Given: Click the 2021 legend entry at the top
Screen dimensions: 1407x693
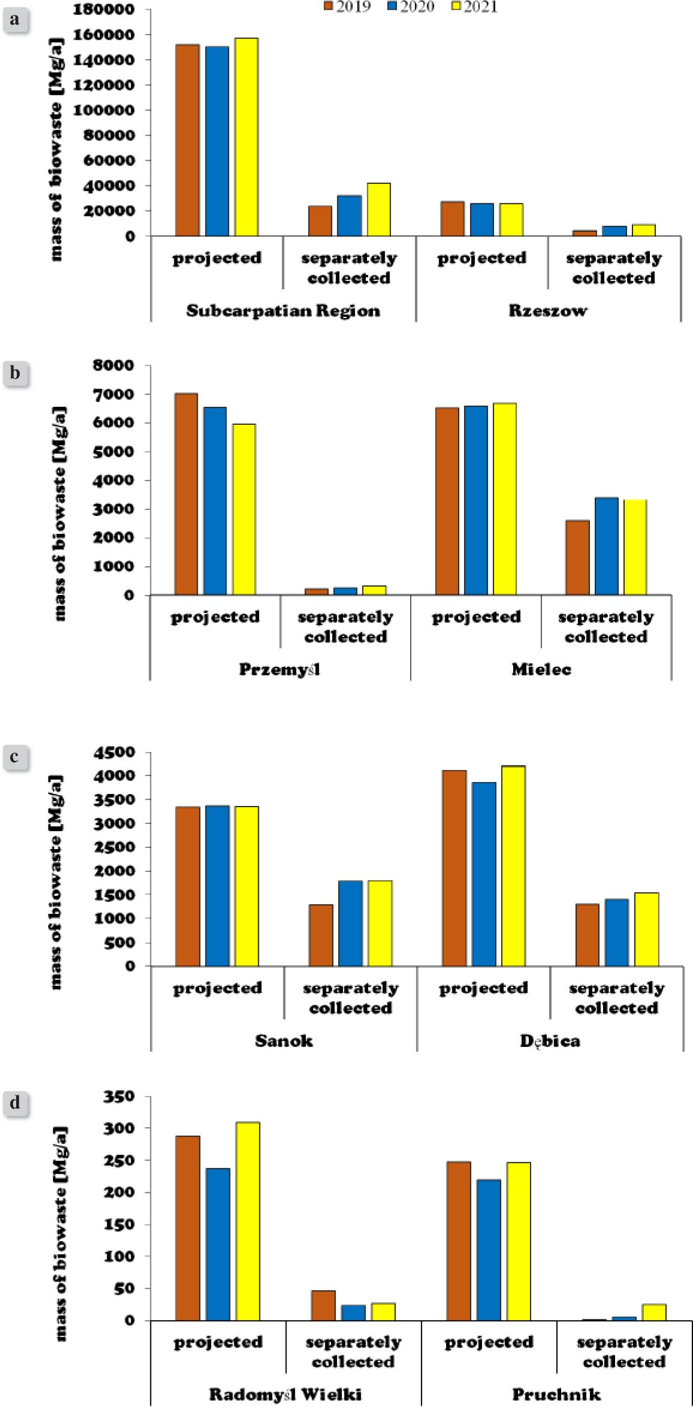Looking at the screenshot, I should point(474,7).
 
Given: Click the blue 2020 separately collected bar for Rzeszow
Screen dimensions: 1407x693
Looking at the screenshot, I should point(614,231).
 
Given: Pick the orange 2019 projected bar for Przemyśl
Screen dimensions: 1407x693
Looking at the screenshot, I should point(186,494).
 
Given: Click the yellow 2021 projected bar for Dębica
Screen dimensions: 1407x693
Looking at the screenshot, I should point(514,866).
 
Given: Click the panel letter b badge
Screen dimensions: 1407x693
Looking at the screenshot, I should point(15,373).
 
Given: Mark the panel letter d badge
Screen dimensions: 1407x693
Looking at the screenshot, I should point(15,1103).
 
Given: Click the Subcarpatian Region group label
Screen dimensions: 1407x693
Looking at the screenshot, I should point(283,311).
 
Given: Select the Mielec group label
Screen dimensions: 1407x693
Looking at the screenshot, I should point(541,669).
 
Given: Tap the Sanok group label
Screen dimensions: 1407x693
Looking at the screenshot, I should point(284,1040).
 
